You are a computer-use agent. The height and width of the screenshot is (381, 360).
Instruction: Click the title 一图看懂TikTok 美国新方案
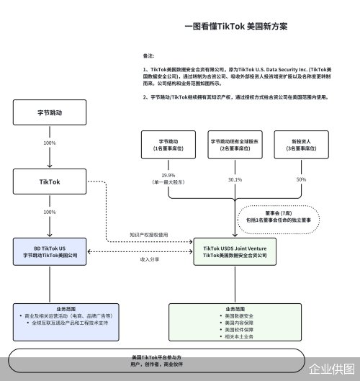coord(235,26)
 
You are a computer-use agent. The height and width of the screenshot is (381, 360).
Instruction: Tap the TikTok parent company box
coord(49,182)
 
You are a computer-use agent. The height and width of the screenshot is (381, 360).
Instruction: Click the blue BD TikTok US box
coord(49,251)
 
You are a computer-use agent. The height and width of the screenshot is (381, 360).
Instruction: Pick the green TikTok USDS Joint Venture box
coord(235,251)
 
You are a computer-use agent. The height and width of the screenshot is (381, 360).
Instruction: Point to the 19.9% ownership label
coord(168,176)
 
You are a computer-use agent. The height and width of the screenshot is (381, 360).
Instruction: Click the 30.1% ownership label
coord(235,179)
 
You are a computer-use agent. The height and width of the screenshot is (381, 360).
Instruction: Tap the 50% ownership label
coord(301,179)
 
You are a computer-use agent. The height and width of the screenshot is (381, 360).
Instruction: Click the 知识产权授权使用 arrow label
coord(149,236)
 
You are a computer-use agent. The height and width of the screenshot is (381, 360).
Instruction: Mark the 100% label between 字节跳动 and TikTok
coord(49,143)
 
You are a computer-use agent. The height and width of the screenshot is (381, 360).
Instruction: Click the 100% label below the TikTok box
coord(49,212)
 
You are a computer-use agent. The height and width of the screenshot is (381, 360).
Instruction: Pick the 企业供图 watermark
coord(332,369)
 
